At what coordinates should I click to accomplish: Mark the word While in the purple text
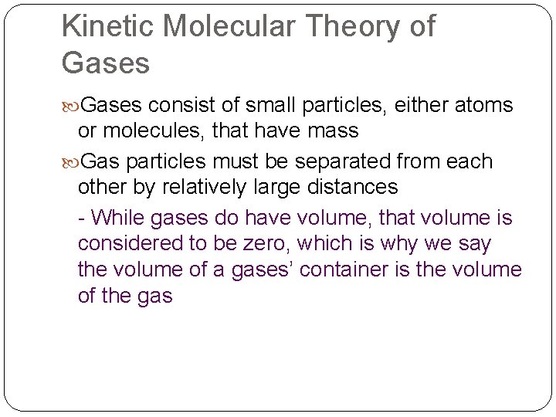pyautogui.click(x=117, y=218)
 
